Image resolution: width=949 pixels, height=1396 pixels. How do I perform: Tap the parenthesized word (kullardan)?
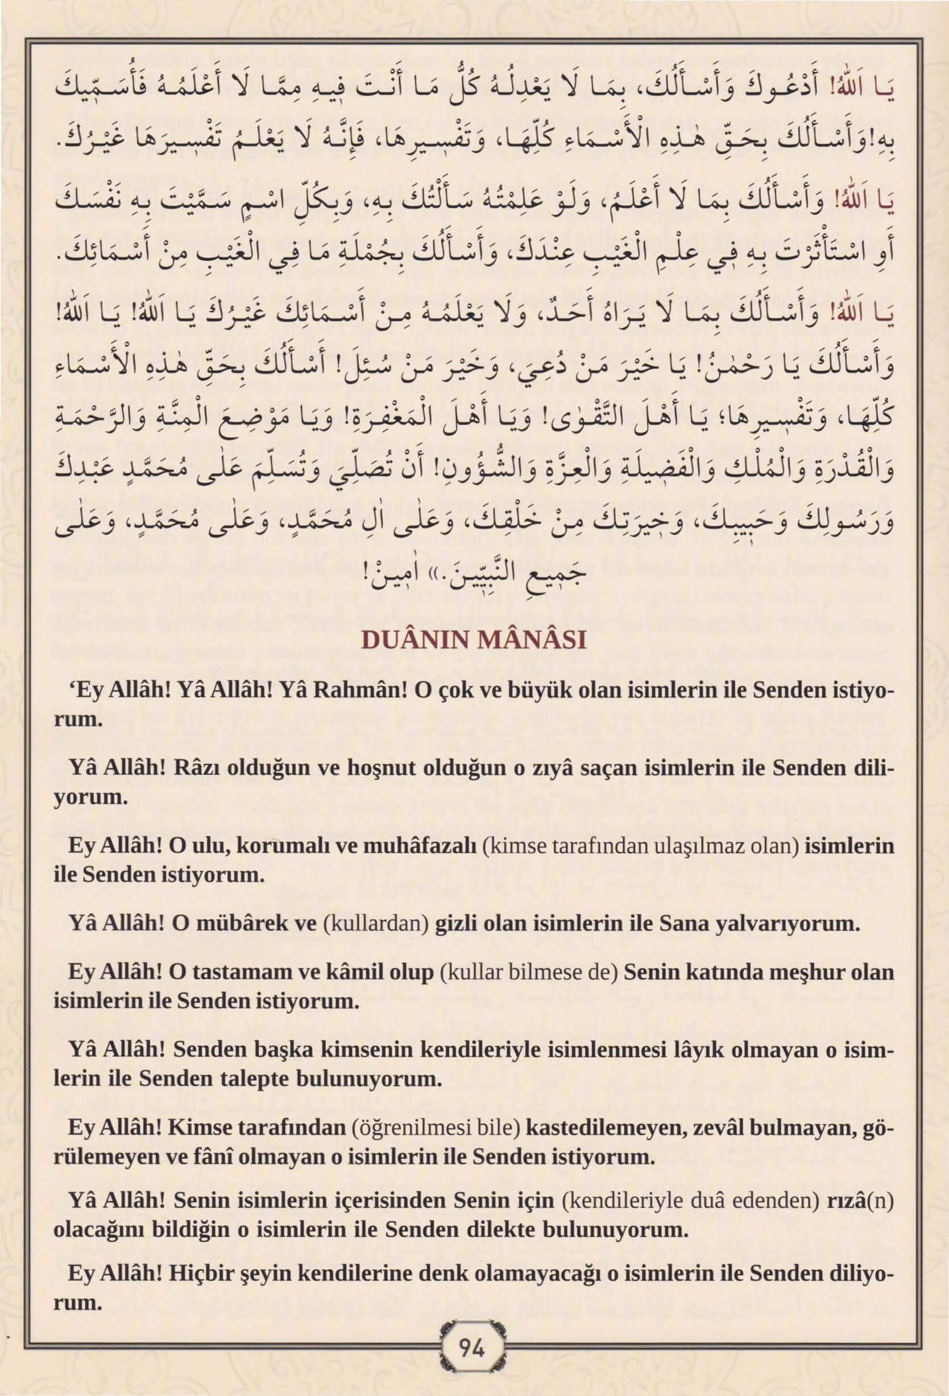point(376,924)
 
